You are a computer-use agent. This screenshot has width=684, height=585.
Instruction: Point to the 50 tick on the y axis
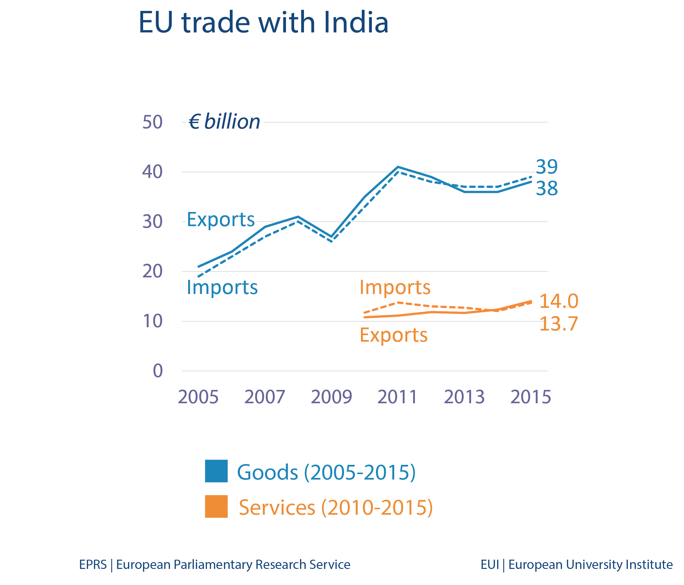(152, 122)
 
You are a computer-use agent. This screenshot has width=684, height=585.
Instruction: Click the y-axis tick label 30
(152, 222)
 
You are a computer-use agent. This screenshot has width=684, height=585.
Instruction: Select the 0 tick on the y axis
(158, 371)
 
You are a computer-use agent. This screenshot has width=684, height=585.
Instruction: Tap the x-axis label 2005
(198, 397)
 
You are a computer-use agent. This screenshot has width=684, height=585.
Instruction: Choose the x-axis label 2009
(331, 397)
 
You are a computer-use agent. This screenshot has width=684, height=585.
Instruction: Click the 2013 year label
(464, 397)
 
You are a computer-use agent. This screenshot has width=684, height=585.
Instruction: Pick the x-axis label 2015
(531, 397)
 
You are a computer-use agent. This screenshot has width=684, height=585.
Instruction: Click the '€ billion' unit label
(224, 122)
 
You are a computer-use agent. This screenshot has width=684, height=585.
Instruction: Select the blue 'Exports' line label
(221, 219)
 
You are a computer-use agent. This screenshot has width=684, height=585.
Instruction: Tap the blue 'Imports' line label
(222, 287)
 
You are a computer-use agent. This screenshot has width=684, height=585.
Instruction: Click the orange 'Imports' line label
(395, 287)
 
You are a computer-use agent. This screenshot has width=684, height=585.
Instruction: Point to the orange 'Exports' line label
(393, 335)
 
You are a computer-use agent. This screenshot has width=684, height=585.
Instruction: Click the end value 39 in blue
(547, 167)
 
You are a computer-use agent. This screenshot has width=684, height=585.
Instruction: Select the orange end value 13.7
(559, 324)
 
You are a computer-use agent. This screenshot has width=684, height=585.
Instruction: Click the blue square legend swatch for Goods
(216, 471)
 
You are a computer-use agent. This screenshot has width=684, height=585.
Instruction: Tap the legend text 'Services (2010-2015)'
(335, 507)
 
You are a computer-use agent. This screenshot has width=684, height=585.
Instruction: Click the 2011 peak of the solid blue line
(398, 167)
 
